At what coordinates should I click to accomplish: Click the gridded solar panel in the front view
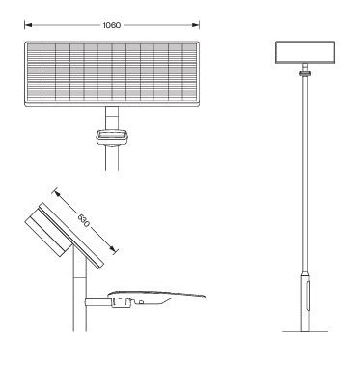(114, 72)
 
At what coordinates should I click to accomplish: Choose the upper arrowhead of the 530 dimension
(59, 190)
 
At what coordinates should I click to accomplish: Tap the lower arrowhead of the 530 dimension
(116, 252)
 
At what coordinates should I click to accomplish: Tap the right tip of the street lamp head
(207, 295)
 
